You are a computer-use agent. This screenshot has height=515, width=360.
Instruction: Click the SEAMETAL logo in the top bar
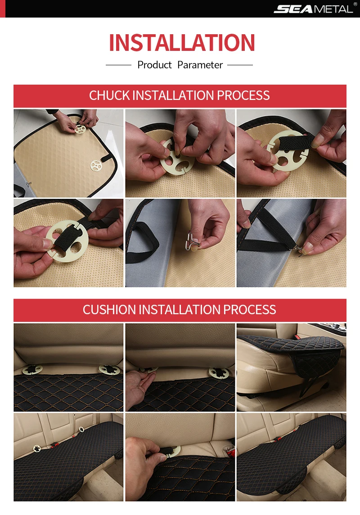coord(313,9)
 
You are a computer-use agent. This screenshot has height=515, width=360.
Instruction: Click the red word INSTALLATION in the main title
coord(182,43)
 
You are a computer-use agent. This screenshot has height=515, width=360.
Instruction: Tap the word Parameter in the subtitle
coord(200,65)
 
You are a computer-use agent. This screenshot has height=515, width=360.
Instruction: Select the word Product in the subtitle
coord(154,65)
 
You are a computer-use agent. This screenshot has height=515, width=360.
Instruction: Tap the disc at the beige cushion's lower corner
coord(96,165)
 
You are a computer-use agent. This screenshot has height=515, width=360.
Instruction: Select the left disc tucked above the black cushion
coord(32,370)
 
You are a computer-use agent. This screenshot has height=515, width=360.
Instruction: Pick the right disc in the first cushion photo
coord(110,370)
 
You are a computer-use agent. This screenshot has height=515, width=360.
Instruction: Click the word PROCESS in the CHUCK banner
coord(243,95)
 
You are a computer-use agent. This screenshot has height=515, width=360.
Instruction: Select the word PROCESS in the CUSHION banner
coord(249,310)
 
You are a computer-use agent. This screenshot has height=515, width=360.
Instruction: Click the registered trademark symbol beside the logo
coord(355,4)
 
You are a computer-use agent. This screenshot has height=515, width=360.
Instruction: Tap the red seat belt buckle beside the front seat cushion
coord(298,337)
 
